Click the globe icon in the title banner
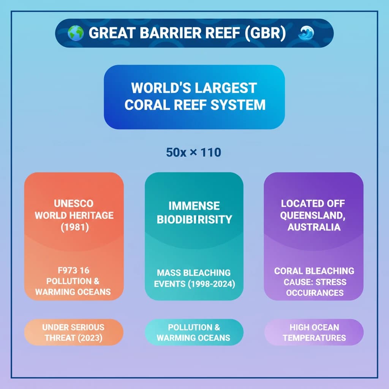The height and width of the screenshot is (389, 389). [76, 33]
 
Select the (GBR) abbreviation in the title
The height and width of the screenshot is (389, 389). [262, 33]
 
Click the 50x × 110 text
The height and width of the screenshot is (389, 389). [194, 153]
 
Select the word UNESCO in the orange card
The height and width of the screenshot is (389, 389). [74, 204]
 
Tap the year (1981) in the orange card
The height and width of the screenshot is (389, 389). [74, 227]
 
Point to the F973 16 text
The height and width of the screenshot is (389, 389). [73, 270]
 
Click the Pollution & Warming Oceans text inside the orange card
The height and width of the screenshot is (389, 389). [73, 286]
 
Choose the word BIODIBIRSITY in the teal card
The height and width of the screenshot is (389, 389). [194, 219]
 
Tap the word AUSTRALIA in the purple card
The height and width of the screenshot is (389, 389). [314, 227]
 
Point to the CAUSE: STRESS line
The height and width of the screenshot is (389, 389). [315, 282]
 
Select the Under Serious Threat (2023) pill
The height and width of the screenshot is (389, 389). [73, 332]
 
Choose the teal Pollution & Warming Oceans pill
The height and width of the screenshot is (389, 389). [194, 332]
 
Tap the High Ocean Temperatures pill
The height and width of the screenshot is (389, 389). [314, 332]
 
